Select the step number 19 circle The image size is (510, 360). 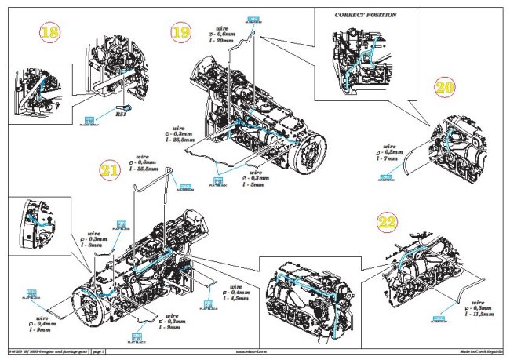[x=183, y=33]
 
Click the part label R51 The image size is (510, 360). [x=122, y=114]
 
